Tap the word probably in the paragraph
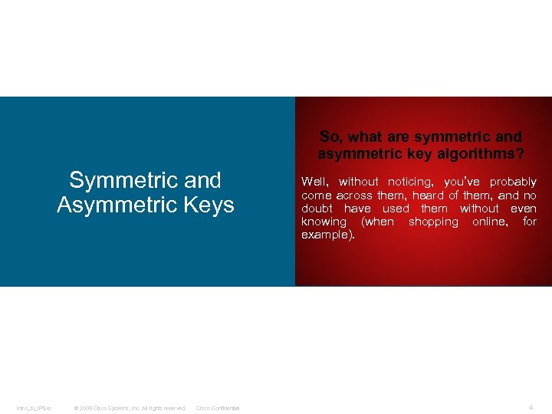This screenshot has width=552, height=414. point(514,182)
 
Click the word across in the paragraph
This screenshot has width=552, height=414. point(354,195)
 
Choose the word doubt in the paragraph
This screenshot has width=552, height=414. point(317,209)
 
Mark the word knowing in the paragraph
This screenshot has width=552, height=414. point(324,222)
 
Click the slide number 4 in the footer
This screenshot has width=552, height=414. point(531,407)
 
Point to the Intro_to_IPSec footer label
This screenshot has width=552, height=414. point(34,408)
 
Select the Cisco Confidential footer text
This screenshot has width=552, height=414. point(218,408)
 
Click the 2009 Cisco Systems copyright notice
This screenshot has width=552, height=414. point(130,408)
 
